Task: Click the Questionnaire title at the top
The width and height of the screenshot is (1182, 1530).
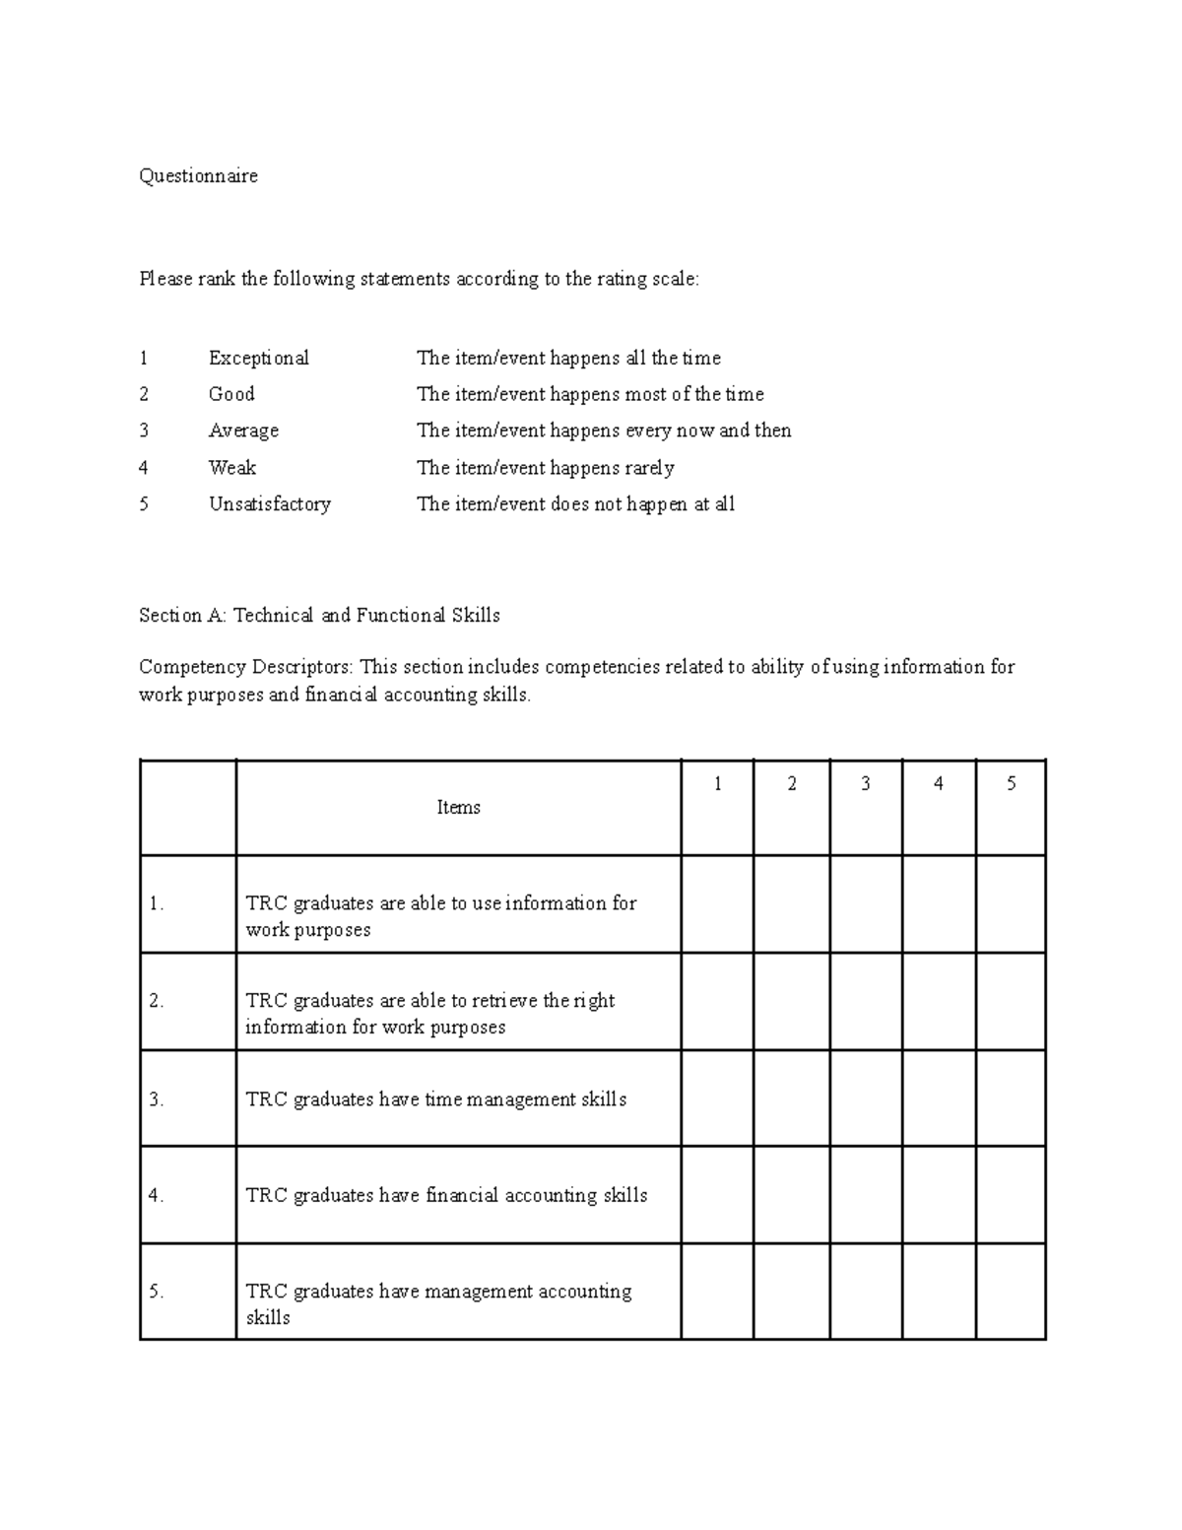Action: pyautogui.click(x=198, y=176)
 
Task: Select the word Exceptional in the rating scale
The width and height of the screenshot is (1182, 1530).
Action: pyautogui.click(x=258, y=358)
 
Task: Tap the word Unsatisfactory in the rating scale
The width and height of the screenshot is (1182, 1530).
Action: pyautogui.click(x=269, y=504)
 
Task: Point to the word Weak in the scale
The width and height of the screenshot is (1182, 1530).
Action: pyautogui.click(x=231, y=468)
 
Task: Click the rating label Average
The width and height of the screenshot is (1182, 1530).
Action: pyautogui.click(x=243, y=431)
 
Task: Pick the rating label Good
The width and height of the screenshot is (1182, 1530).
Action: pyautogui.click(x=231, y=394)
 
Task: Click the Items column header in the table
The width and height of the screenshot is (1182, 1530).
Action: pyautogui.click(x=458, y=807)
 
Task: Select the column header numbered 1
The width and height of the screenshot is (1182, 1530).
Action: pyautogui.click(x=717, y=784)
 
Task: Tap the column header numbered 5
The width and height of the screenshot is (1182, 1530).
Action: pyautogui.click(x=1011, y=784)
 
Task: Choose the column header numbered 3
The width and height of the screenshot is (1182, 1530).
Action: pyautogui.click(x=865, y=784)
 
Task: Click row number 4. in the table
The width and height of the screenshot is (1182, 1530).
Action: pyautogui.click(x=156, y=1196)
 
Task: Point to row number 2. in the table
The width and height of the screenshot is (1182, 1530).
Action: pyautogui.click(x=156, y=1001)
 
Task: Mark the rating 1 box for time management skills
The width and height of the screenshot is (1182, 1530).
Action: pyautogui.click(x=717, y=1098)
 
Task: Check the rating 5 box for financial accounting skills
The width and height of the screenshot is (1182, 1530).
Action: pyautogui.click(x=1011, y=1194)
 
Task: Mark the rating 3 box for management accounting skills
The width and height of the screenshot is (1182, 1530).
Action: pyautogui.click(x=865, y=1291)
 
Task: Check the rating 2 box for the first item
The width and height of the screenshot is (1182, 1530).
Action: pyautogui.click(x=791, y=903)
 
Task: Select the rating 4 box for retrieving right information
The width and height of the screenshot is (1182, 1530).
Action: pyautogui.click(x=938, y=1001)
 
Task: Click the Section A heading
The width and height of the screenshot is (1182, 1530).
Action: pyautogui.click(x=319, y=616)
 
